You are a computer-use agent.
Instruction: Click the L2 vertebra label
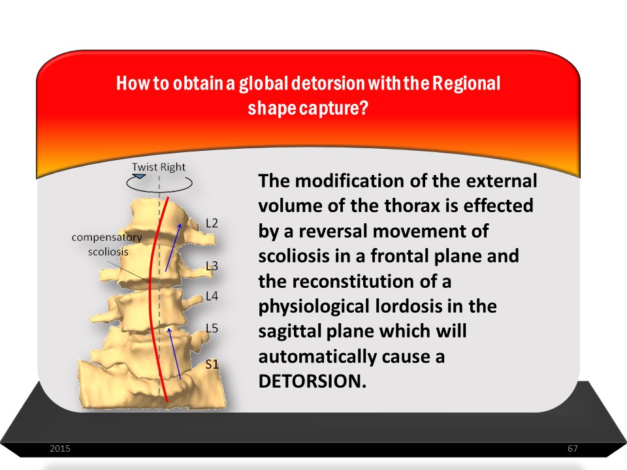(212, 223)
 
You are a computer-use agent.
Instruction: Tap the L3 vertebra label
(212, 266)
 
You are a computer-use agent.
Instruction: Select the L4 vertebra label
(212, 296)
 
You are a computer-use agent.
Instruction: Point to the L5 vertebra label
(212, 328)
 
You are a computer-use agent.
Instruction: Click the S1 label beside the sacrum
(212, 364)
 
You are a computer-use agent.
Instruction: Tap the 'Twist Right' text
(159, 167)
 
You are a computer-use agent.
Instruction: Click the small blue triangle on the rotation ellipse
(139, 176)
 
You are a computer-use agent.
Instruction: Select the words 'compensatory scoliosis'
(106, 245)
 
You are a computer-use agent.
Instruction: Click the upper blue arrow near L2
(173, 247)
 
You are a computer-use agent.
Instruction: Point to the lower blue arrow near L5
(174, 353)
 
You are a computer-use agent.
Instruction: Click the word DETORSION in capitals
(312, 381)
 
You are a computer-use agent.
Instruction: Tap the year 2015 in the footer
(60, 448)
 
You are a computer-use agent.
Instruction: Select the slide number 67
(573, 448)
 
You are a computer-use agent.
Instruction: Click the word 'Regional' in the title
(466, 84)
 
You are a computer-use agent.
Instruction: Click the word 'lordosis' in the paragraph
(408, 307)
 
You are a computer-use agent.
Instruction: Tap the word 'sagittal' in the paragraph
(288, 332)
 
